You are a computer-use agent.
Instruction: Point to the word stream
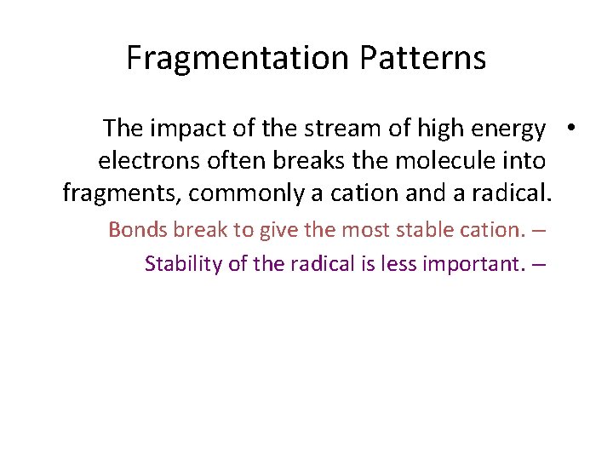click(x=331, y=129)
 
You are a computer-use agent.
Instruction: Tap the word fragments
click(x=121, y=194)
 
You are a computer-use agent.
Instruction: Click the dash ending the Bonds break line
click(x=539, y=230)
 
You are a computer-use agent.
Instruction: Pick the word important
click(x=474, y=264)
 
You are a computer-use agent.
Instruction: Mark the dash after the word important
click(x=539, y=264)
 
